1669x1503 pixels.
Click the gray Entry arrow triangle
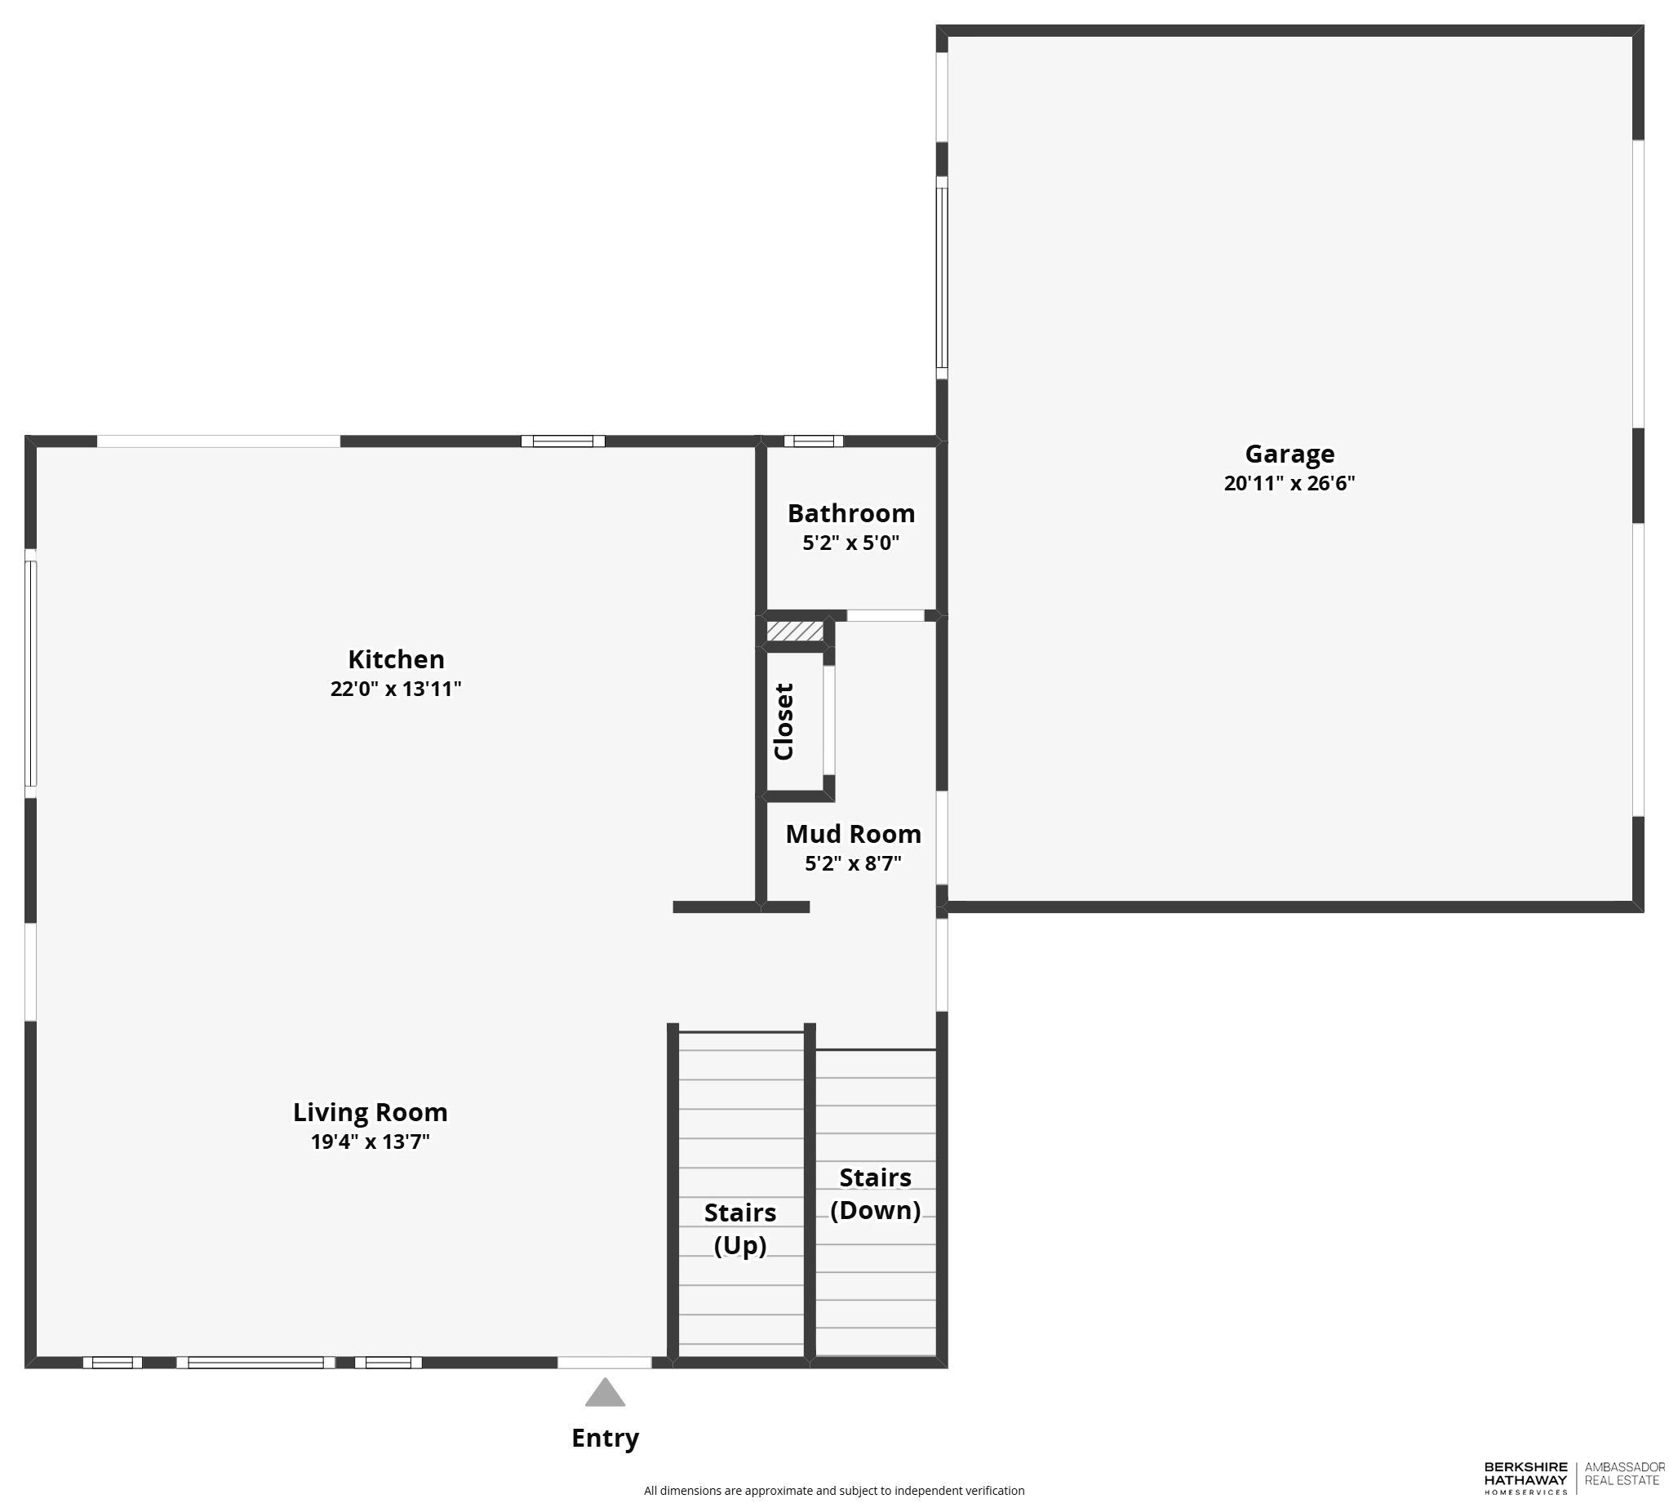click(605, 1393)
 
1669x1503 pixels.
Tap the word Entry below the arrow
click(605, 1439)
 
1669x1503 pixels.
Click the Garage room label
click(1289, 454)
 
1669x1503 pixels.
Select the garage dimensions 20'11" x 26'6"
click(1289, 483)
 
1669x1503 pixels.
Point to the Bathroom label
click(850, 513)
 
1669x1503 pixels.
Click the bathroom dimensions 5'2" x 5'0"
click(850, 543)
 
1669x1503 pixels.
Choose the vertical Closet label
click(783, 721)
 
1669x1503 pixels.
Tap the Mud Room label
click(853, 833)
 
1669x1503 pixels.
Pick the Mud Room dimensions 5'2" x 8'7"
click(853, 863)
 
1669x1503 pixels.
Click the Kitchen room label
click(396, 658)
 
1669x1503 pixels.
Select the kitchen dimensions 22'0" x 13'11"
click(396, 688)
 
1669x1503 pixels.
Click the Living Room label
click(370, 1111)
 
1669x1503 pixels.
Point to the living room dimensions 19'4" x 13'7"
click(370, 1142)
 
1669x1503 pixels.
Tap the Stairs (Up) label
click(740, 1228)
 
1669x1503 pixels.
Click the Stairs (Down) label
click(876, 1193)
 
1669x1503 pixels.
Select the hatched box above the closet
click(794, 631)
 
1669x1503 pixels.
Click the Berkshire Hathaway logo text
click(1525, 1478)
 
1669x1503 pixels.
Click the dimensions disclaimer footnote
click(834, 1491)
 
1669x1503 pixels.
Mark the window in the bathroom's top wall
click(814, 441)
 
